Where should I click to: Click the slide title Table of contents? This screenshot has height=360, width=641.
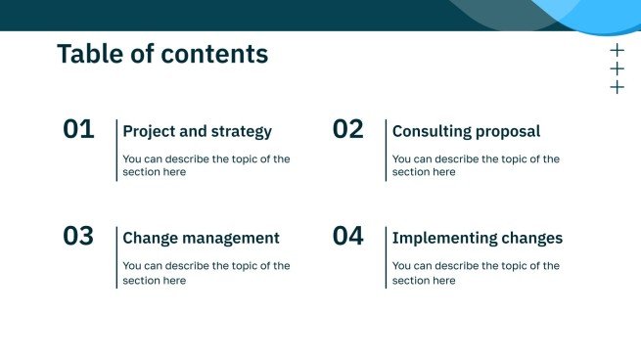point(162,55)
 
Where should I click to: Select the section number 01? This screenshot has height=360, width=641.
point(79,129)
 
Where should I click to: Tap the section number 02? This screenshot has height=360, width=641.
point(347,129)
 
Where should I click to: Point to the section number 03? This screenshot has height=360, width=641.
point(79,236)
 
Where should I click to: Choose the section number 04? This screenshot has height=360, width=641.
point(347,236)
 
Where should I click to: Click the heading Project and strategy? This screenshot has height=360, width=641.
point(198,131)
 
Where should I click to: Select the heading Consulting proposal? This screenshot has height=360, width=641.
point(466,131)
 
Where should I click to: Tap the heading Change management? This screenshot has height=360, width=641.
point(201,238)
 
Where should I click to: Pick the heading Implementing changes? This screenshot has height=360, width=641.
point(478,238)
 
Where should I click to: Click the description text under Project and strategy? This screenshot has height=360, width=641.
point(206,165)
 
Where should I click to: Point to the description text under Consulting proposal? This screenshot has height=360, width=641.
point(475,165)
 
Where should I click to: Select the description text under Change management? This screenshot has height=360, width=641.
point(206,272)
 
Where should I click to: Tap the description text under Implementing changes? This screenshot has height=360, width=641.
point(475,272)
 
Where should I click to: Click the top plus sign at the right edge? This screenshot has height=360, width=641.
point(617,50)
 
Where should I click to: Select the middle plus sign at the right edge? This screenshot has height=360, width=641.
point(617,68)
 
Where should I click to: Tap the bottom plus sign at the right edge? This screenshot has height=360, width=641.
point(617,87)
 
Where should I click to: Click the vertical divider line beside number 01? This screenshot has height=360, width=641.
point(116,150)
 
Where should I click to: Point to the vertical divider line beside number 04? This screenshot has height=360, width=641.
point(386,256)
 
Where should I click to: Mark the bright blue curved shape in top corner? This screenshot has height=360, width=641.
point(597,14)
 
